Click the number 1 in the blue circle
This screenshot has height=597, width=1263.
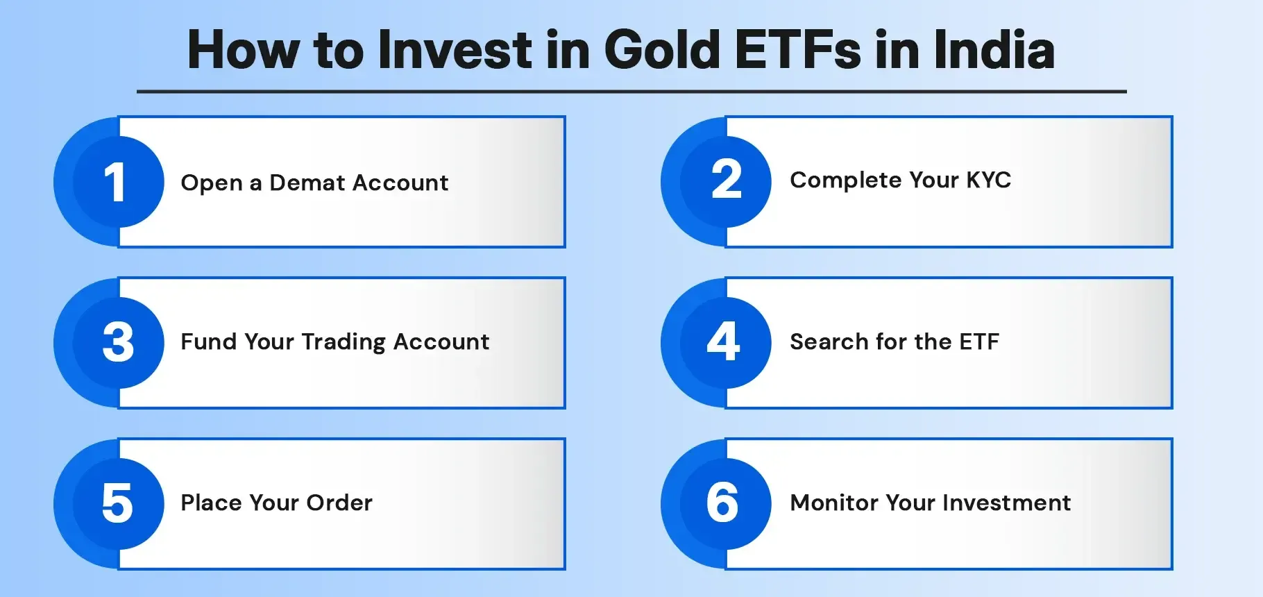tap(115, 183)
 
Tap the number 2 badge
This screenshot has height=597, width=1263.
tap(726, 180)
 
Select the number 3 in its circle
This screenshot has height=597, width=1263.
tap(118, 342)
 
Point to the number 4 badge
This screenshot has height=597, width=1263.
tap(723, 342)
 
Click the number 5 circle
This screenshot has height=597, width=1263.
tap(117, 503)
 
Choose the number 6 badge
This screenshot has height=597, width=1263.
tap(722, 503)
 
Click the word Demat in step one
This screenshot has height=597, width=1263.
tap(307, 183)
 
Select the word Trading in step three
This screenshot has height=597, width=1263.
tap(344, 342)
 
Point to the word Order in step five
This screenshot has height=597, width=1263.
tap(339, 503)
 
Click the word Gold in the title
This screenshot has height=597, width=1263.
tap(663, 50)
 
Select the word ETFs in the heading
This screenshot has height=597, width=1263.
tap(798, 50)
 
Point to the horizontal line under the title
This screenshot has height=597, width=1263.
tap(631, 91)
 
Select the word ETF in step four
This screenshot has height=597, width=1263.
tap(978, 342)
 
